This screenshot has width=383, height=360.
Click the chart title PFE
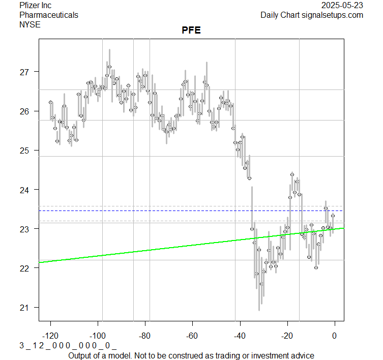tap(191, 31)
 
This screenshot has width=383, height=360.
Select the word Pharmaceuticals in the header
tap(48, 15)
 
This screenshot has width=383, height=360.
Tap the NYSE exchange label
tap(30, 24)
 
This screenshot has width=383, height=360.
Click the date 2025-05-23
tap(342, 6)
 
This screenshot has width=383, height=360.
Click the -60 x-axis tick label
tap(192, 336)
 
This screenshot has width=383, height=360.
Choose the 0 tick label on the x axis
tap(334, 336)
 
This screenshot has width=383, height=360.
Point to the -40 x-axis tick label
tap(240, 336)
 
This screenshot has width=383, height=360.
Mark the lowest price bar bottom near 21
tap(259, 310)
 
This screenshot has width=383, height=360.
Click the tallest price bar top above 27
tap(109, 50)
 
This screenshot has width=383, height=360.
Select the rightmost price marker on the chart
tap(333, 216)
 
